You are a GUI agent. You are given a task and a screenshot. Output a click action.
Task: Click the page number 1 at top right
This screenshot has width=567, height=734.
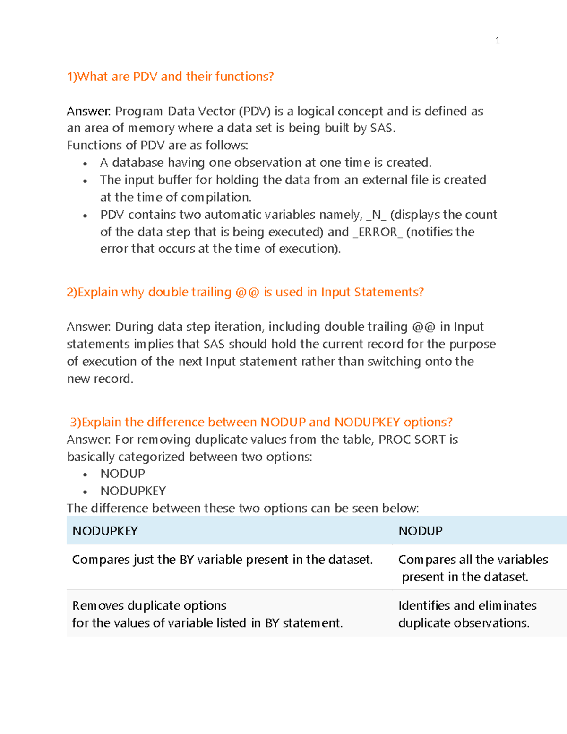click(497, 41)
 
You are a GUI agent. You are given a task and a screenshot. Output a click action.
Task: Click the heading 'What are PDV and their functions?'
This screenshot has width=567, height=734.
click(170, 77)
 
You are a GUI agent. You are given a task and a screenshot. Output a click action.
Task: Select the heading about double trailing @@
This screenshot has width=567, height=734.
click(245, 292)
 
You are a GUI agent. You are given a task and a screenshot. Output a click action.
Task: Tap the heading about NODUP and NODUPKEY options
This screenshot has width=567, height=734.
click(261, 422)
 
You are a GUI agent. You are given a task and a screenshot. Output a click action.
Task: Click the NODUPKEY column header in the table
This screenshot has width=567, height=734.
click(105, 531)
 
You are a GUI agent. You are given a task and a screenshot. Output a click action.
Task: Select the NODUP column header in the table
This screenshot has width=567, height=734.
click(420, 531)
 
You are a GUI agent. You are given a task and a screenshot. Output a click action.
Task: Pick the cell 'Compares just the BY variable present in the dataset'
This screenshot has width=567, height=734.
click(222, 560)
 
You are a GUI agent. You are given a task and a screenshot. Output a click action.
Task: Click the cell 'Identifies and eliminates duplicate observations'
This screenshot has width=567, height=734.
click(467, 614)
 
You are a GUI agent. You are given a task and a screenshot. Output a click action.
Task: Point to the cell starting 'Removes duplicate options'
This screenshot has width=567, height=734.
click(207, 614)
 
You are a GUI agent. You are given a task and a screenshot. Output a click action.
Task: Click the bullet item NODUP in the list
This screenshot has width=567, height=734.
click(122, 474)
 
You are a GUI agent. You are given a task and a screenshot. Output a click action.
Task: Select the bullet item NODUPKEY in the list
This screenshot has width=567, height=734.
click(133, 491)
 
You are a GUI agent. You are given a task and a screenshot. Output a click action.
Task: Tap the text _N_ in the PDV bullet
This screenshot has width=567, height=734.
click(376, 215)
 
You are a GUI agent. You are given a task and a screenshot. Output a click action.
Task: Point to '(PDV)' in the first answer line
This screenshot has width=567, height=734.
click(255, 112)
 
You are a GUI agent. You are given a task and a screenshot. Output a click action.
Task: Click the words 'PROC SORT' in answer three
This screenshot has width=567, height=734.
click(412, 440)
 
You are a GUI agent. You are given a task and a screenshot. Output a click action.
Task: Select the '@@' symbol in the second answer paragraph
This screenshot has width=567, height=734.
click(423, 327)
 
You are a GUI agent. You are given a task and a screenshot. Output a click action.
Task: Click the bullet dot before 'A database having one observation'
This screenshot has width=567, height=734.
click(85, 164)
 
